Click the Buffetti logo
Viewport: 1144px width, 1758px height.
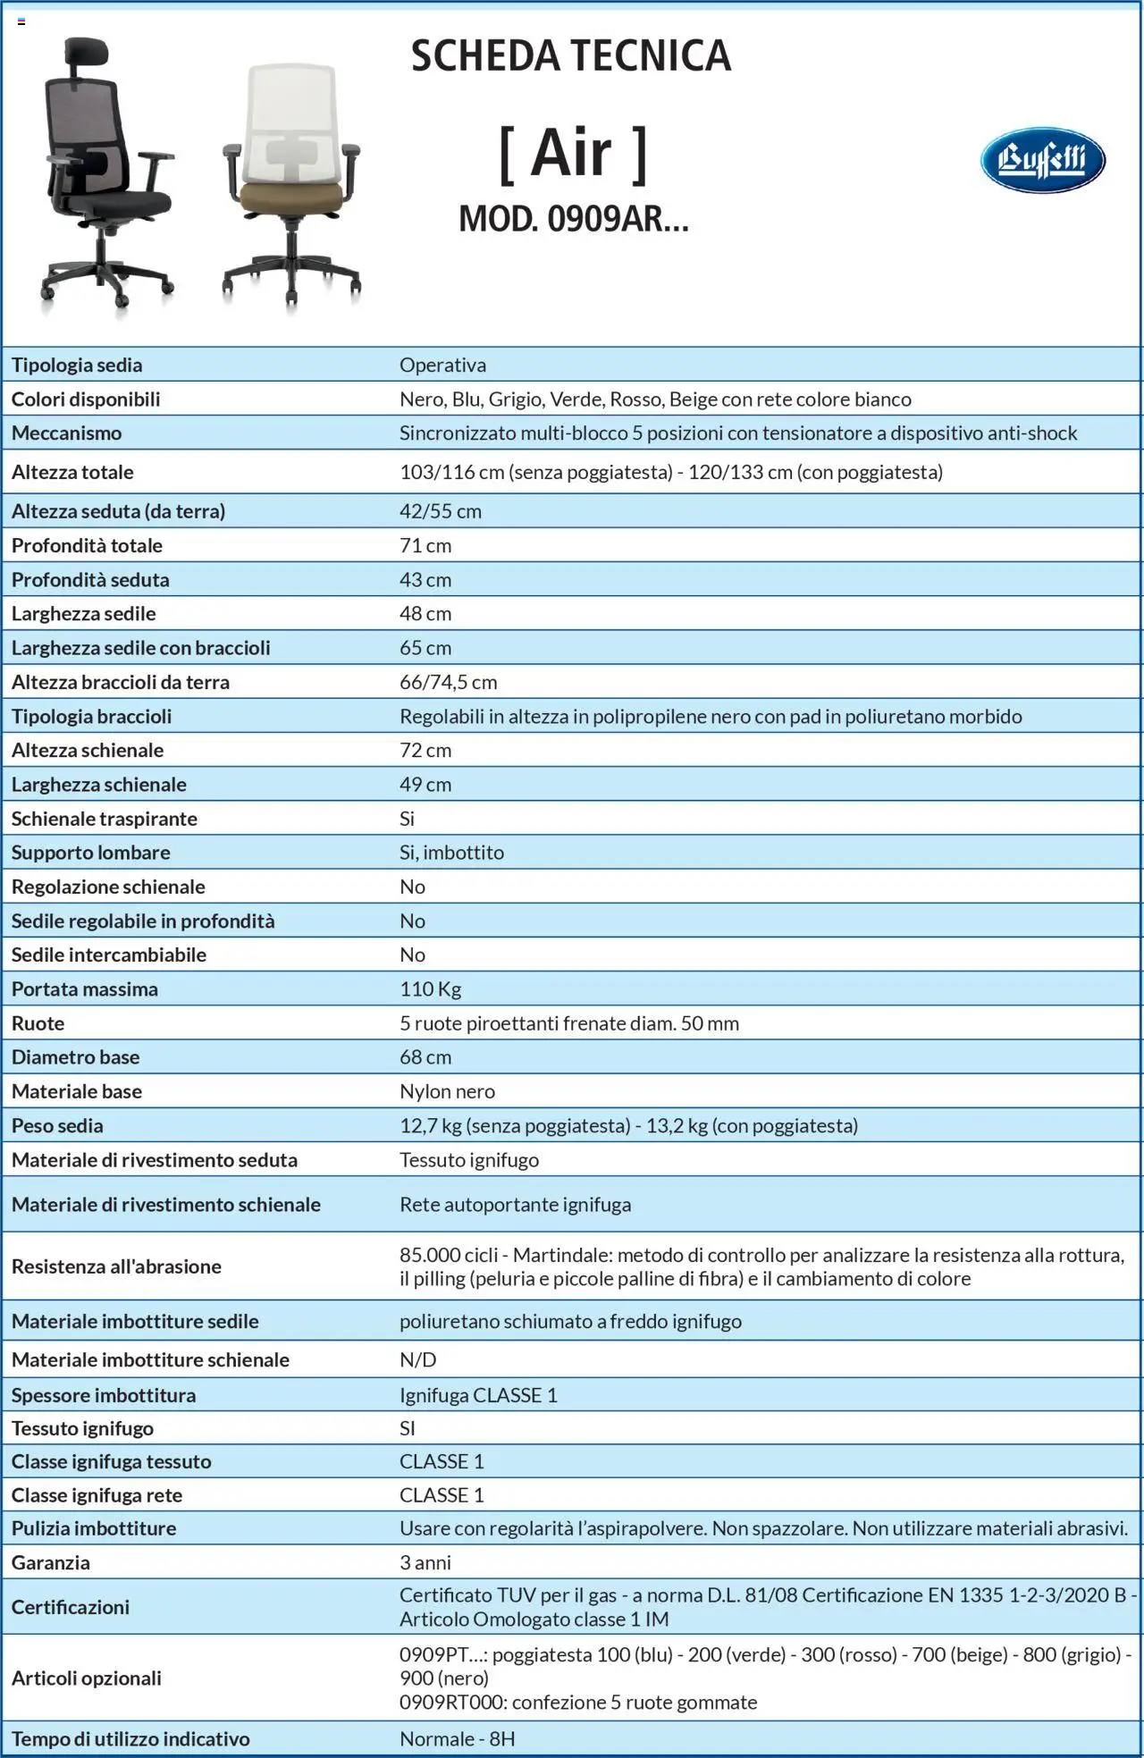(1042, 161)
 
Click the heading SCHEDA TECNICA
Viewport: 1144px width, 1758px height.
(570, 55)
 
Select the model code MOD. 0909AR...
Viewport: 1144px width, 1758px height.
(573, 219)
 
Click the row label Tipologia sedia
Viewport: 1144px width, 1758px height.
(77, 365)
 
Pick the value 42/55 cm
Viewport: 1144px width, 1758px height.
(441, 511)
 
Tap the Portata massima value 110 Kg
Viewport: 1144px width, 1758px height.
(430, 989)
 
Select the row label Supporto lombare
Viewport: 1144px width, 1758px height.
(90, 853)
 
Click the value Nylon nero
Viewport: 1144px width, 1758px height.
(447, 1091)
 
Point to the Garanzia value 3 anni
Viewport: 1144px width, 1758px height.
(425, 1562)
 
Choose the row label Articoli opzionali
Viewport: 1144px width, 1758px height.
(87, 1678)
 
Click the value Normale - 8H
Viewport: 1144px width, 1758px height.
(457, 1738)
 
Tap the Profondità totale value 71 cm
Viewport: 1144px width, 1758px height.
(425, 545)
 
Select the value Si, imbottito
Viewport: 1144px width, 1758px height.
(451, 853)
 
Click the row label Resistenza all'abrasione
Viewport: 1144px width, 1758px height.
(116, 1266)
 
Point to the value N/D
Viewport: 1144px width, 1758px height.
(417, 1359)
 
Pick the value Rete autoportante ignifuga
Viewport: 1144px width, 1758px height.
(515, 1205)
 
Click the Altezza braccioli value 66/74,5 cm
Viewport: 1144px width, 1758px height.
(448, 682)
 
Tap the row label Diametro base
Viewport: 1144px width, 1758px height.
(75, 1057)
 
